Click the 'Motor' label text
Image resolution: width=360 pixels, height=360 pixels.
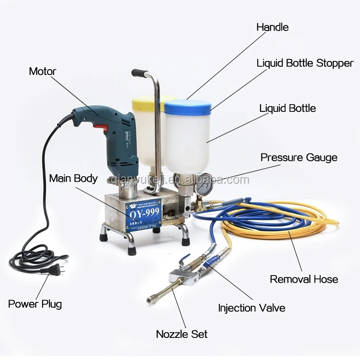click(42, 72)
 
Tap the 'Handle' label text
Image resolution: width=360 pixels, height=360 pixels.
click(272, 27)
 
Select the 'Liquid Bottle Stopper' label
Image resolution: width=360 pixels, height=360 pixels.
click(305, 63)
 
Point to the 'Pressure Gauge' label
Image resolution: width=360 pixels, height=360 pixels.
click(299, 157)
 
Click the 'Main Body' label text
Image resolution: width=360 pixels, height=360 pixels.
click(73, 179)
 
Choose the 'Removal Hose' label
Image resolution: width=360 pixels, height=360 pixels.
click(304, 279)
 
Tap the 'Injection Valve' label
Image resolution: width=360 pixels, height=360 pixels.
click(252, 308)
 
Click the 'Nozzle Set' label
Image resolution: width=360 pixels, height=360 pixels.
click(181, 334)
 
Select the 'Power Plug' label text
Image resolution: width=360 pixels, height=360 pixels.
click(35, 304)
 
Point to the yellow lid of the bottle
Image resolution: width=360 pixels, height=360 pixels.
click(146, 101)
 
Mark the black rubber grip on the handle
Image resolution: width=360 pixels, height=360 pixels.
click(139, 73)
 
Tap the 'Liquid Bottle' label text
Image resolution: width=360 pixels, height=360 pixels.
click(288, 108)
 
